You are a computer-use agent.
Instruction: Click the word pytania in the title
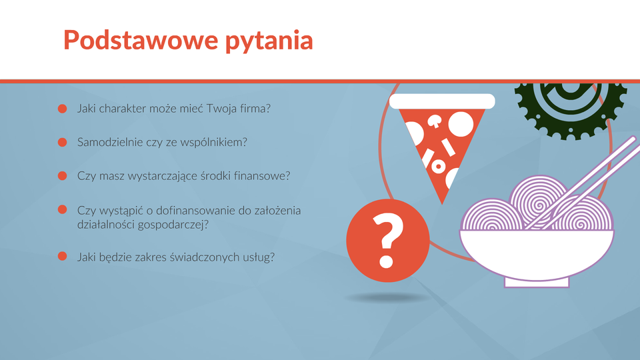click(269, 41)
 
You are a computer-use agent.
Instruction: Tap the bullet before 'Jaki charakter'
click(62, 109)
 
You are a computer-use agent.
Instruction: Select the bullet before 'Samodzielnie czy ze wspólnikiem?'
click(62, 142)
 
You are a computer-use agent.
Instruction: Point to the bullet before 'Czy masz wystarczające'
click(62, 175)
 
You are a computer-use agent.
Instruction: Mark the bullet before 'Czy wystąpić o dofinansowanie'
click(62, 209)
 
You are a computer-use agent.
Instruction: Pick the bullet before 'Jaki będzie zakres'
click(62, 256)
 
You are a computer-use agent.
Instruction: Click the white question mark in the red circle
click(388, 241)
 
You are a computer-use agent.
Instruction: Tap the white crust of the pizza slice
click(442, 101)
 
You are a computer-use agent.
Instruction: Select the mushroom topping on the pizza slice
click(434, 121)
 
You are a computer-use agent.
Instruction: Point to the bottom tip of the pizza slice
click(442, 204)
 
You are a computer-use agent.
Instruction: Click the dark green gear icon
click(571, 107)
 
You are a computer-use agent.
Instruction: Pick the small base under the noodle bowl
click(537, 283)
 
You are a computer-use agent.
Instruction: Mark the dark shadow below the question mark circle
click(388, 298)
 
